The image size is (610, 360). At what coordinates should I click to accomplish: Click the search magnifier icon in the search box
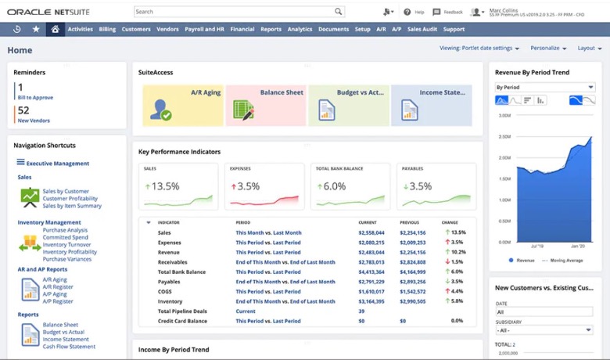tap(338, 12)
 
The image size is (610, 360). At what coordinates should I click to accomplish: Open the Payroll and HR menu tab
tap(204, 29)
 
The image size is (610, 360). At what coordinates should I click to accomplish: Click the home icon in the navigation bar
tap(55, 29)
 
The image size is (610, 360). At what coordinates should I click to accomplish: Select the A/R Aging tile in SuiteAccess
tap(182, 106)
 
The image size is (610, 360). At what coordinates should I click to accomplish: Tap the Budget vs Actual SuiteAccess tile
tap(348, 106)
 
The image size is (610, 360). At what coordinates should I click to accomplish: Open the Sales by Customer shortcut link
tap(66, 191)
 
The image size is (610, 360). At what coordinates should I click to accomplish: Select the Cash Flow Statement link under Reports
tap(69, 347)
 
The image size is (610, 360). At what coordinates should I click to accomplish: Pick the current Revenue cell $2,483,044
tap(371, 252)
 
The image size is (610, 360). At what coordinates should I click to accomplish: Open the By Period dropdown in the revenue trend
tap(544, 87)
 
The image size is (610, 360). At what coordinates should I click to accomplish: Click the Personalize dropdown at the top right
tap(548, 48)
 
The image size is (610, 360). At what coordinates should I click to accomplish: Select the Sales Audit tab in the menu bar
tap(422, 29)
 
